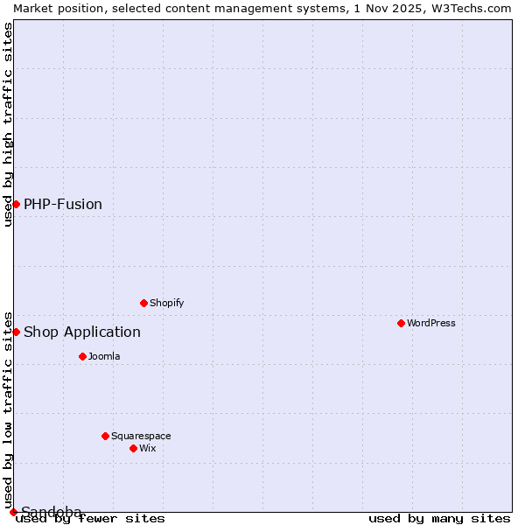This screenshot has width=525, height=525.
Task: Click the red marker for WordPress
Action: [401, 323]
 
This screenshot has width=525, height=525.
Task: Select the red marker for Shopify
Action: [143, 303]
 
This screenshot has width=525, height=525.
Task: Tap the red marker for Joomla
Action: [82, 356]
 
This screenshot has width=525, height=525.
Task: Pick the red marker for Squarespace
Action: [105, 436]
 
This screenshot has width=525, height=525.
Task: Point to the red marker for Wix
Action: [133, 448]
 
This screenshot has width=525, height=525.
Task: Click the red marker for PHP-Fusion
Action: [16, 204]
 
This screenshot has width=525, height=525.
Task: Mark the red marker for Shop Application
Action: [16, 332]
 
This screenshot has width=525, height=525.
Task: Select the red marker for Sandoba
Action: [13, 512]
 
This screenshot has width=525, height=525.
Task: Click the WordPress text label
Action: [431, 323]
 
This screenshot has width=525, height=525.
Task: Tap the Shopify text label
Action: [166, 303]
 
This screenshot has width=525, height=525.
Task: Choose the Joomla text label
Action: [104, 356]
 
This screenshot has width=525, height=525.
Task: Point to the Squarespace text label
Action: [141, 436]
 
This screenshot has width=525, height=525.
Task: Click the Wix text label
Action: [147, 448]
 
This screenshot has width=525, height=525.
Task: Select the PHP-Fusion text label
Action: [63, 204]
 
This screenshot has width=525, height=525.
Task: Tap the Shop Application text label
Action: [82, 332]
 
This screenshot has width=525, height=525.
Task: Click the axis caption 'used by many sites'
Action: [439, 518]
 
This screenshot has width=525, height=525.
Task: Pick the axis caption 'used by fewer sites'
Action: [91, 518]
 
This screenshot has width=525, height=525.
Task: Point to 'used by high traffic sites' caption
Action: [8, 124]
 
